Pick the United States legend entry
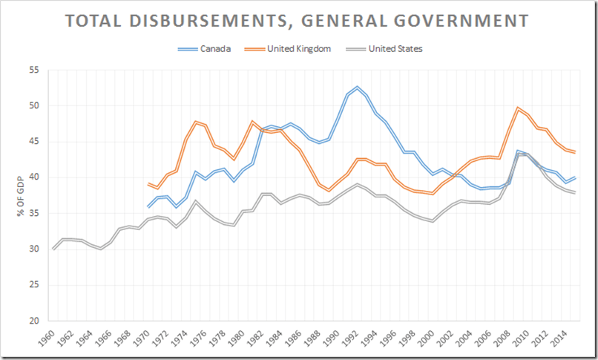pos(398,50)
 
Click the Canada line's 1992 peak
pos(358,88)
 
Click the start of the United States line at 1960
pos(54,249)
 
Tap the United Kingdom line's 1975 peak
pos(196,122)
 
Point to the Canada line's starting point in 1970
pos(148,206)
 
